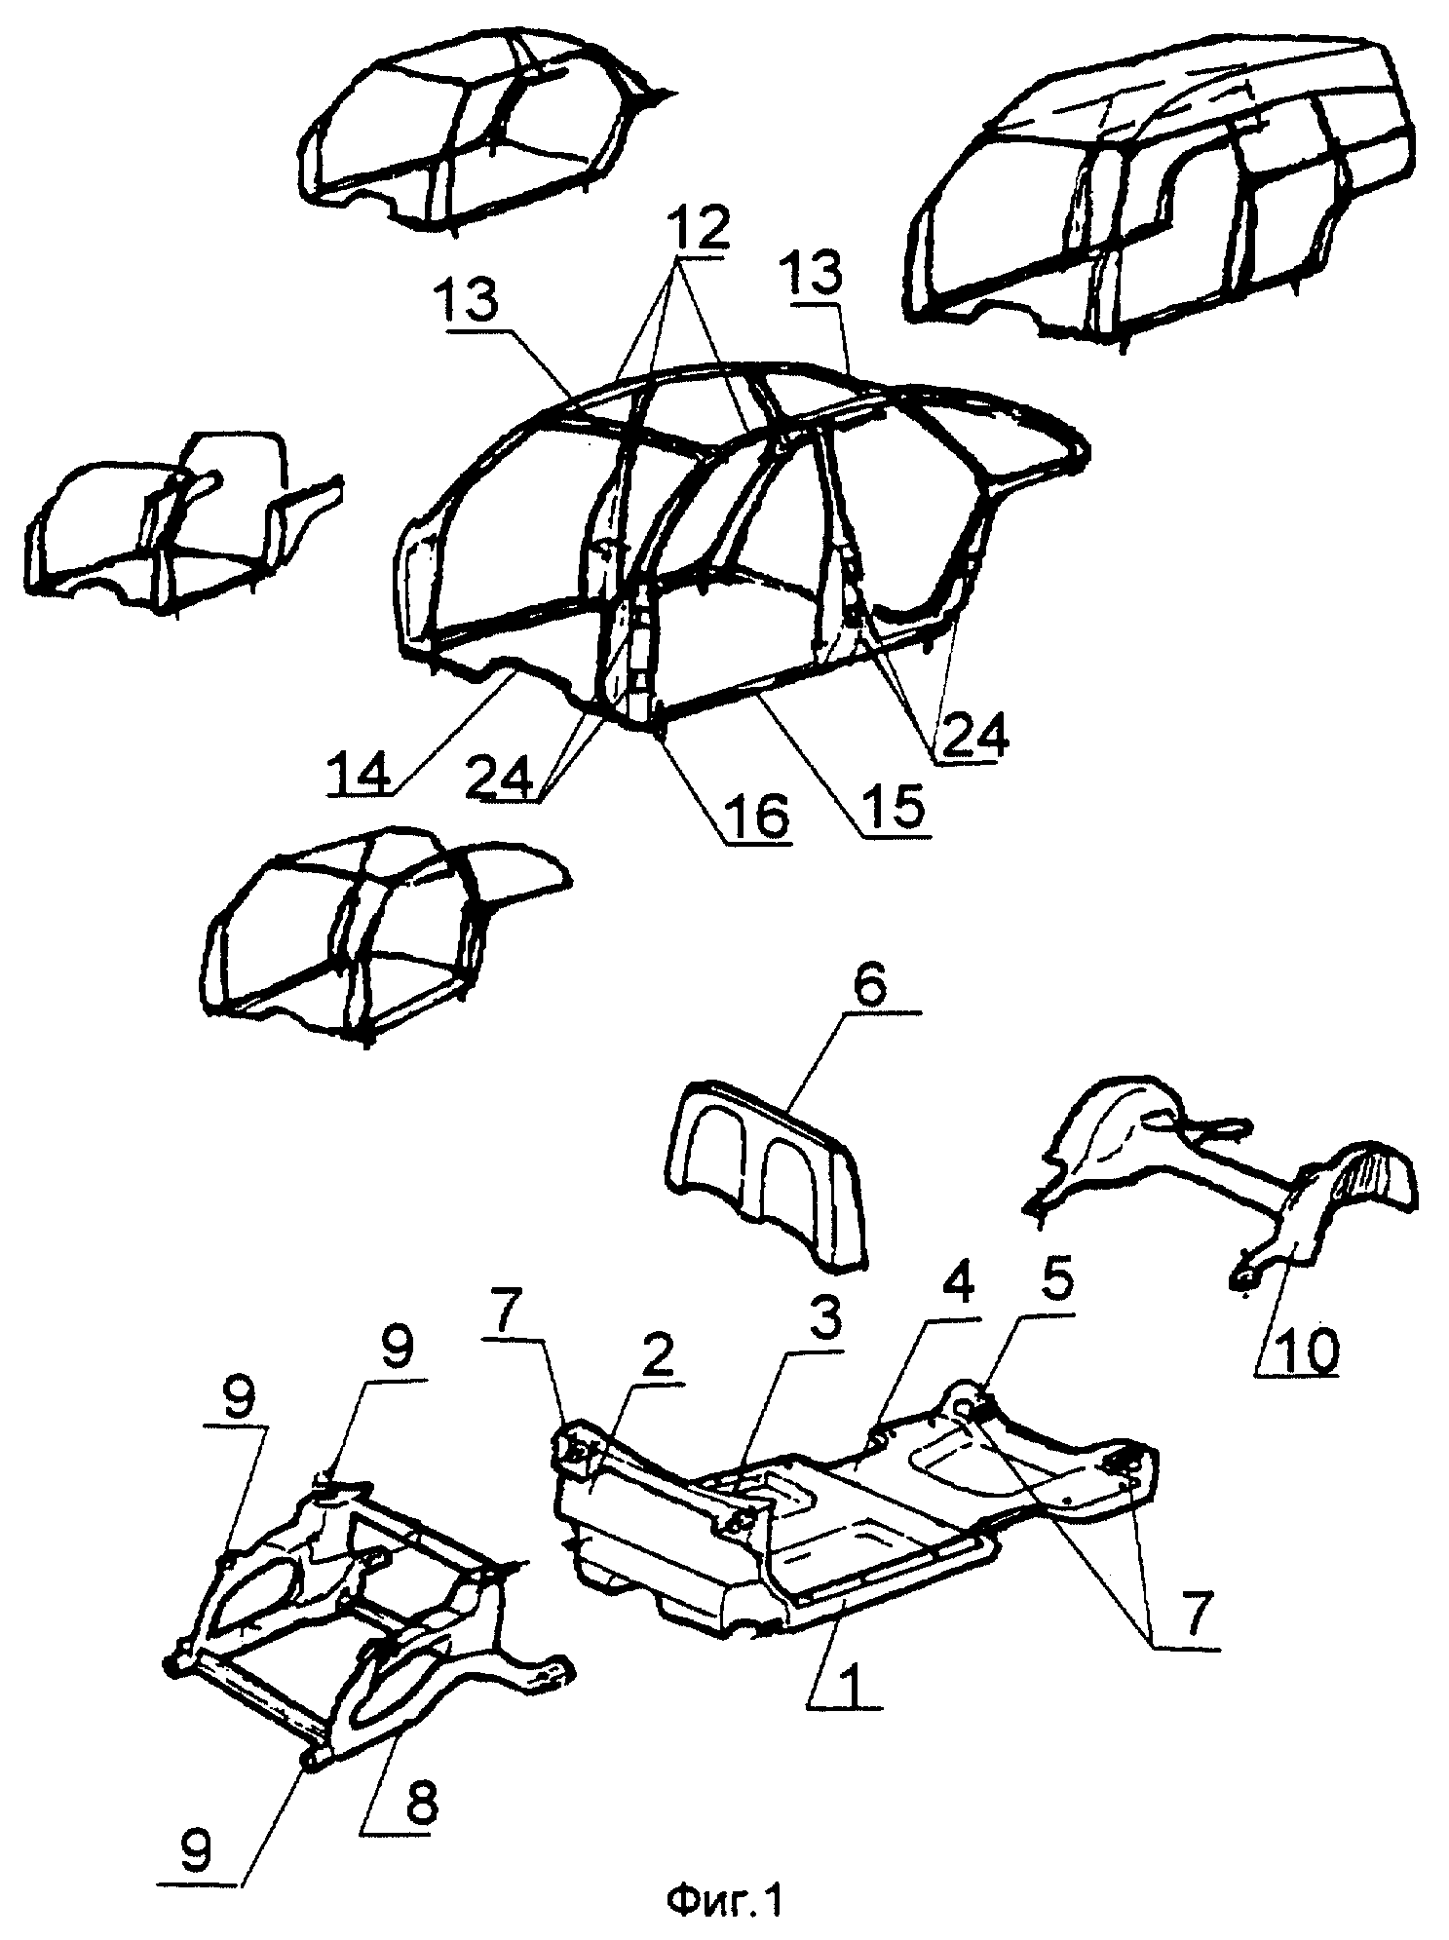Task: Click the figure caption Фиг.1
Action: pyautogui.click(x=725, y=1897)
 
